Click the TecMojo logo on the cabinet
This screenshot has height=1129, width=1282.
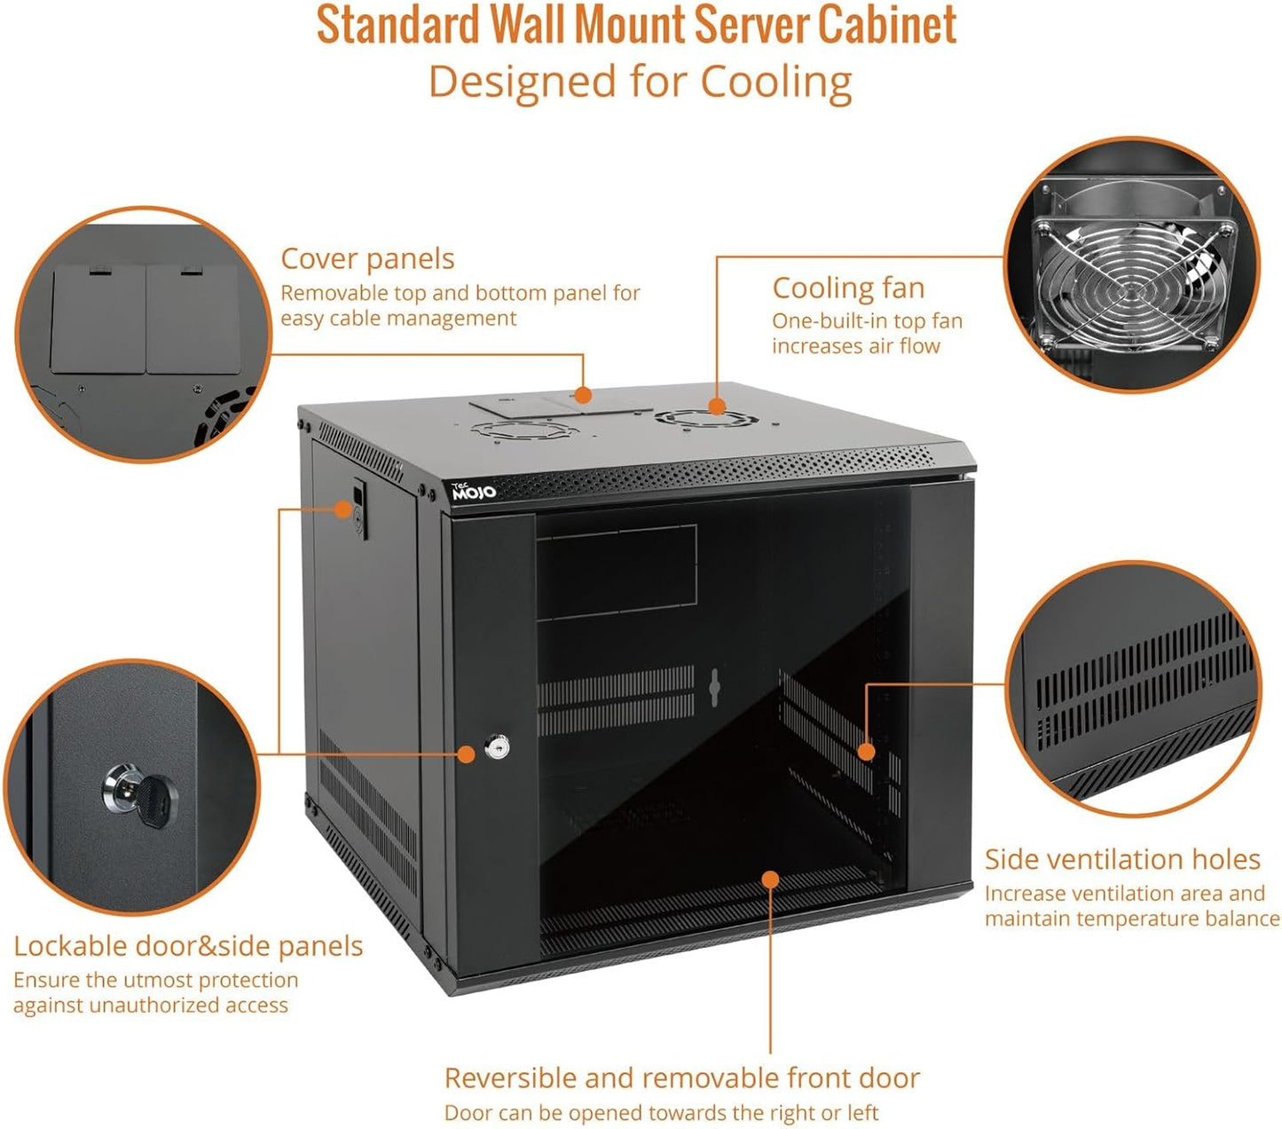474,491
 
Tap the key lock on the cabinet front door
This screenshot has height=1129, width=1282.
499,747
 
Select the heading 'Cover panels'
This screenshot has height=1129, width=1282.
367,259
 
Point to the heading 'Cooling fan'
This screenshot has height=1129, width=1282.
848,288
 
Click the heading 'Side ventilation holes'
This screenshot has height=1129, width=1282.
1122,859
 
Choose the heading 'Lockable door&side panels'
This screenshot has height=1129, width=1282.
188,946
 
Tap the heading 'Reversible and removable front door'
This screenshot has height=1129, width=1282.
681,1078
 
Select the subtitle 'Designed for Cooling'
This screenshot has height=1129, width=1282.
640,82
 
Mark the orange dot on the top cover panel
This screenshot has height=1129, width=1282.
582,395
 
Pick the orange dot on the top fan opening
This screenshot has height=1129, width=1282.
716,407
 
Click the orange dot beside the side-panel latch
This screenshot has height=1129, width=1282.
342,509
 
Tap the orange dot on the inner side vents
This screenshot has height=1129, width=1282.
867,752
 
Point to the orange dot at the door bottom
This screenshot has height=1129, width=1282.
770,880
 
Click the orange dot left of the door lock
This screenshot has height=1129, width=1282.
466,754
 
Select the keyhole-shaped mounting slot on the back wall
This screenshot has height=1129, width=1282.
712,687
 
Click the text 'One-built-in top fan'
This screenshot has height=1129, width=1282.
867,321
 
